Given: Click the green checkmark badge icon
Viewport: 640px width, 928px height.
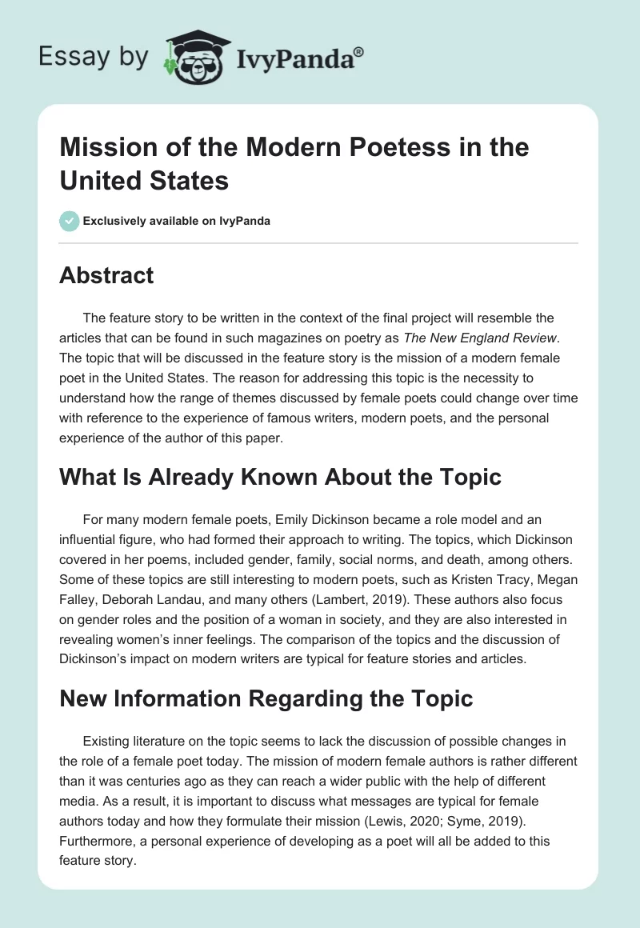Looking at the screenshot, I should tap(70, 221).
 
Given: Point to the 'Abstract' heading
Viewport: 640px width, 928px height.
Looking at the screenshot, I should tap(106, 276).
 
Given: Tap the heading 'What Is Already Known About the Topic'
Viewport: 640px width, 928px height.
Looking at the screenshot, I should tap(280, 478).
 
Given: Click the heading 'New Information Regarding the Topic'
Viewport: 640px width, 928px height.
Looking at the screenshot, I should tap(266, 698).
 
